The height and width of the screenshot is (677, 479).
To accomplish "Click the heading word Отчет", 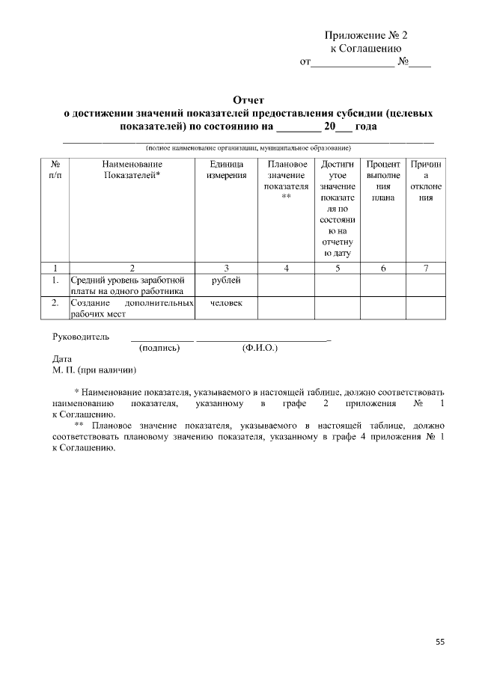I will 248,99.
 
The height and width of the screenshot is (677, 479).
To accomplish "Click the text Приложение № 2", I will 366,35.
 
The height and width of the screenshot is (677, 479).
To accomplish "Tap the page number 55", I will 439,641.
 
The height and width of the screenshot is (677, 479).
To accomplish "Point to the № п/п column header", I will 55,169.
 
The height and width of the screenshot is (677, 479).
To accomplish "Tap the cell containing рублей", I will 226,280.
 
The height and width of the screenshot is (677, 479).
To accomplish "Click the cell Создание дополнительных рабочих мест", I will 131,308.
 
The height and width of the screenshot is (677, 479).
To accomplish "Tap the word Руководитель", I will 81,337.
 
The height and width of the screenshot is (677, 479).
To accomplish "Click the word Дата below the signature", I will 62,358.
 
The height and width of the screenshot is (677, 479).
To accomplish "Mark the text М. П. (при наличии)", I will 94,370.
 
